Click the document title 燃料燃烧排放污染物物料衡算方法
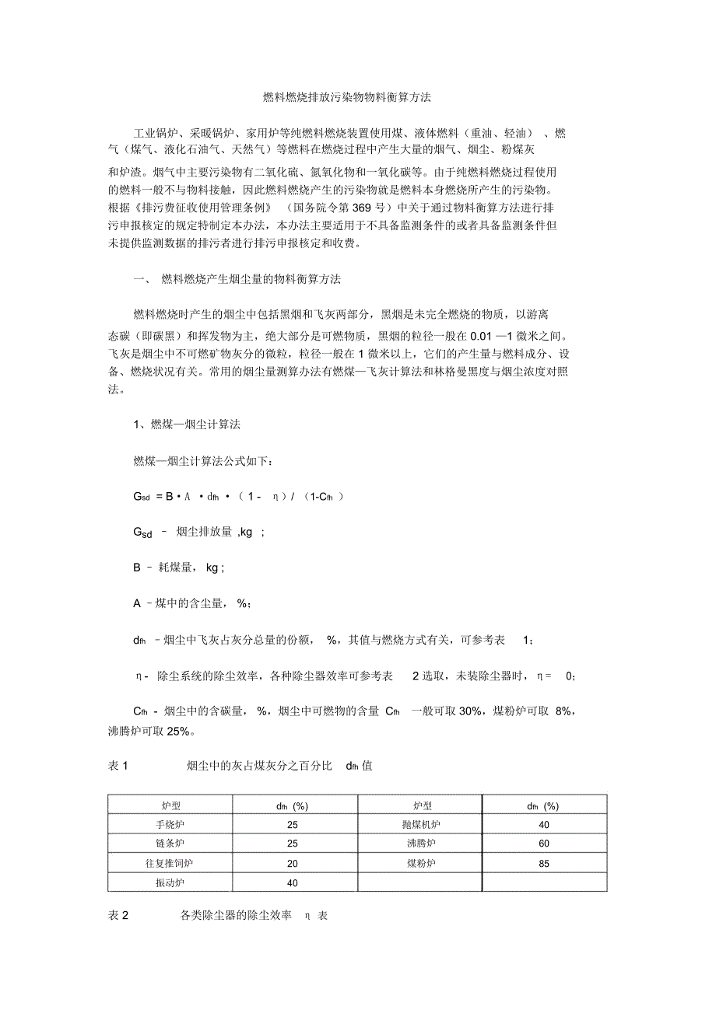(x=358, y=98)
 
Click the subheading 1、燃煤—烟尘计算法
(x=187, y=425)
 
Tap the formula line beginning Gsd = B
(x=238, y=496)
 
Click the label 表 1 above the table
(x=118, y=766)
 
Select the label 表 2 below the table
(x=118, y=916)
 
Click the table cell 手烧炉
(x=170, y=824)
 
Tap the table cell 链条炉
(x=170, y=844)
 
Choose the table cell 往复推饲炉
(x=170, y=863)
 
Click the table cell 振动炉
(x=170, y=882)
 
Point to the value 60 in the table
(x=544, y=844)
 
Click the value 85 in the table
(x=544, y=863)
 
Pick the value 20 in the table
(x=293, y=863)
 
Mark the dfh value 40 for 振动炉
(x=293, y=882)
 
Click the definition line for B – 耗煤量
(x=179, y=568)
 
